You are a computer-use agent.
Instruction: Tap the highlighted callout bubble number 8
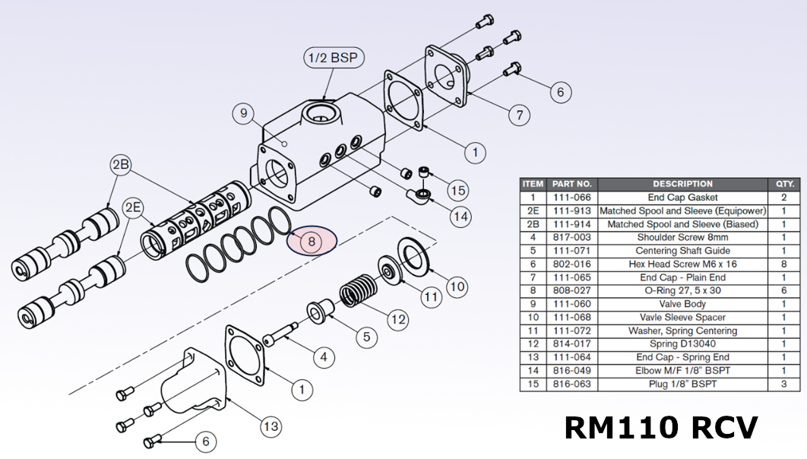point(311,242)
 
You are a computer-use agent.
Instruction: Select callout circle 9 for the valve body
point(244,115)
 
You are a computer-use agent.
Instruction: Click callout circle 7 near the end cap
point(519,116)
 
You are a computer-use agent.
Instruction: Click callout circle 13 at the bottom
point(271,427)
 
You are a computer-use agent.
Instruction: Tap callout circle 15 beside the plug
point(457,190)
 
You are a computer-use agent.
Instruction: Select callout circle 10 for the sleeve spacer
point(456,286)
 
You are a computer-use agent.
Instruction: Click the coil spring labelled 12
point(357,293)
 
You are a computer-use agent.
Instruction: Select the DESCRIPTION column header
point(682,184)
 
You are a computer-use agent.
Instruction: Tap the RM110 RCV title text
point(660,428)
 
